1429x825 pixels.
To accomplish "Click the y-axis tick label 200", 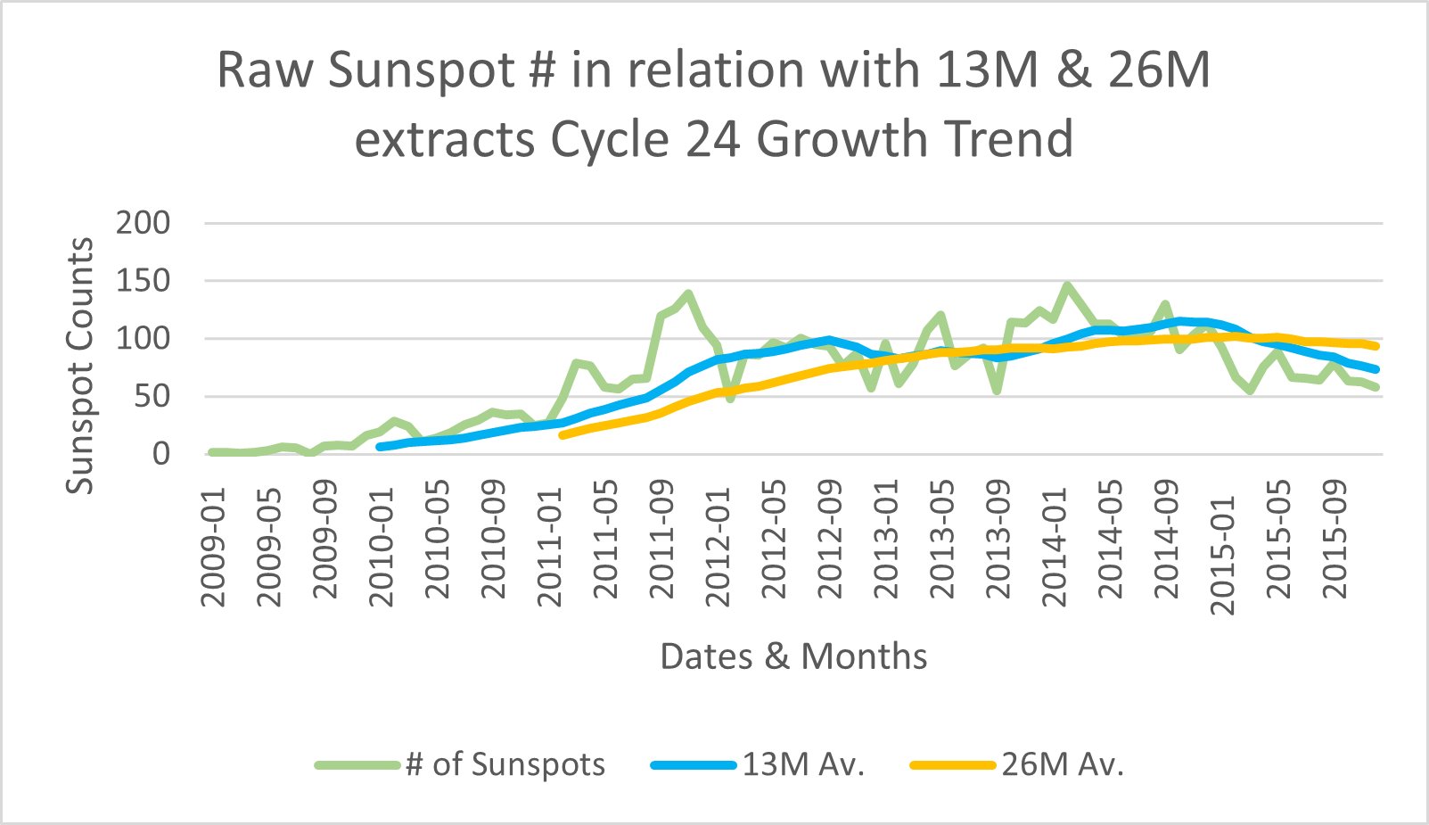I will click(x=143, y=223).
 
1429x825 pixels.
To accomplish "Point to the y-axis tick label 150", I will click(x=143, y=281).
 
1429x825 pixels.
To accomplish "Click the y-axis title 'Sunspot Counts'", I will click(x=80, y=366).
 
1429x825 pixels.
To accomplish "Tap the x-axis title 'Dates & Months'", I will click(x=793, y=656).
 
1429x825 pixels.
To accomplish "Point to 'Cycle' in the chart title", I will click(x=610, y=139).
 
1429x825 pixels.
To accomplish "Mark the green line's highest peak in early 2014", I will click(x=1067, y=285).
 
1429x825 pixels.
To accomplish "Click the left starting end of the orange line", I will click(x=563, y=434).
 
